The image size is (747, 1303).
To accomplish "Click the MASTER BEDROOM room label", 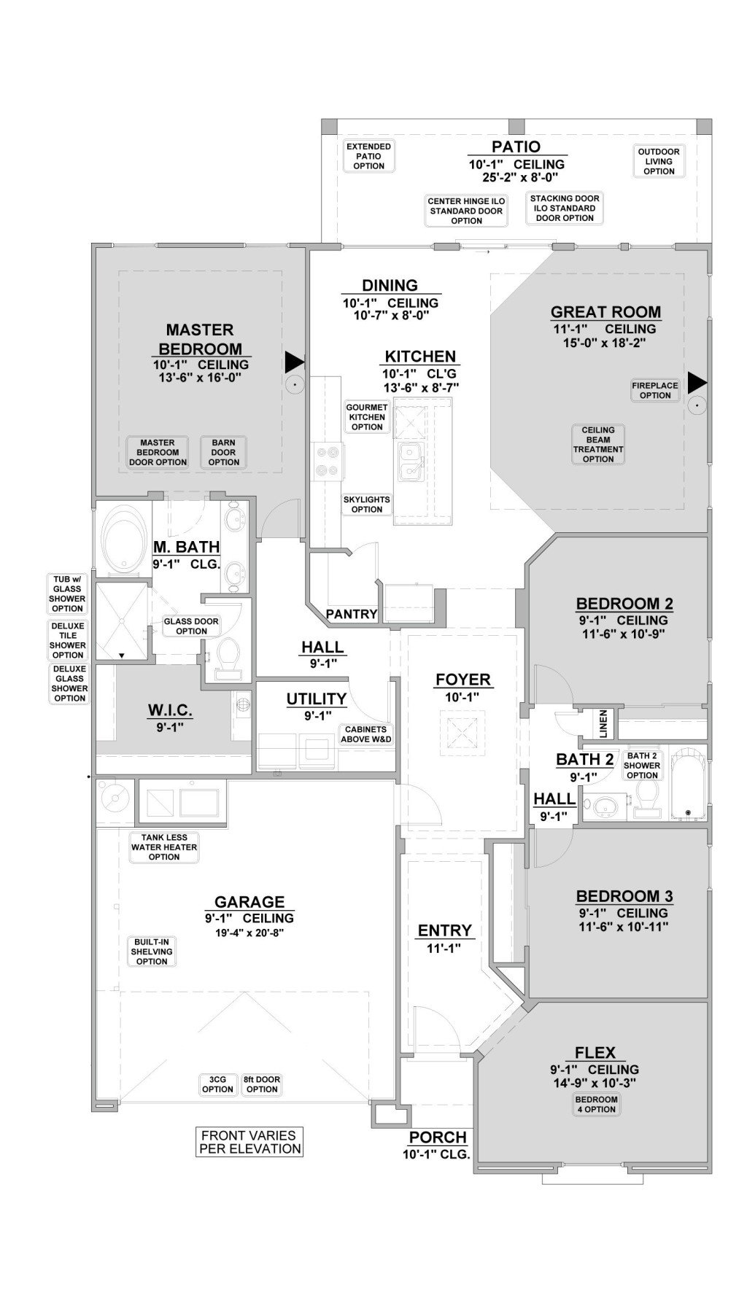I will tap(200, 339).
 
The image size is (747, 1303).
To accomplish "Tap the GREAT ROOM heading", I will tap(605, 312).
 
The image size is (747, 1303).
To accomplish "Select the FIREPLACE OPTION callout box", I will tap(654, 390).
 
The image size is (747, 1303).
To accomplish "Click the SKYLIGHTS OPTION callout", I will tap(366, 505).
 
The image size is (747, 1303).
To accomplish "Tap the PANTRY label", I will tap(351, 614).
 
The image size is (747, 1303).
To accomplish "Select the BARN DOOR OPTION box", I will tap(223, 452).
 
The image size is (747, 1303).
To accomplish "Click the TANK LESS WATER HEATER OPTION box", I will tap(164, 847).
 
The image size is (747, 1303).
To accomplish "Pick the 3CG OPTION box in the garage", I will tap(217, 1084).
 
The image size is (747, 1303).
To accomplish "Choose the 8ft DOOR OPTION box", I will tap(261, 1084).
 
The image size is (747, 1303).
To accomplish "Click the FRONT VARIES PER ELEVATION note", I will tap(249, 1142).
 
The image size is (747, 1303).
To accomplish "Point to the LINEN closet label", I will tap(603, 723).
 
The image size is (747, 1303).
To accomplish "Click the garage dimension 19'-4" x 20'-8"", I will tap(249, 933).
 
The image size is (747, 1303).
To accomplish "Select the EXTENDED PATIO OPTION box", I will tap(368, 156).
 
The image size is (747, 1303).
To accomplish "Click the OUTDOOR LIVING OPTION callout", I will tap(659, 161).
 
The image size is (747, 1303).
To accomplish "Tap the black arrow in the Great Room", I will tap(697, 381).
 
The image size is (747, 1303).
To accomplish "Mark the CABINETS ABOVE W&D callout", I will tap(366, 734).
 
